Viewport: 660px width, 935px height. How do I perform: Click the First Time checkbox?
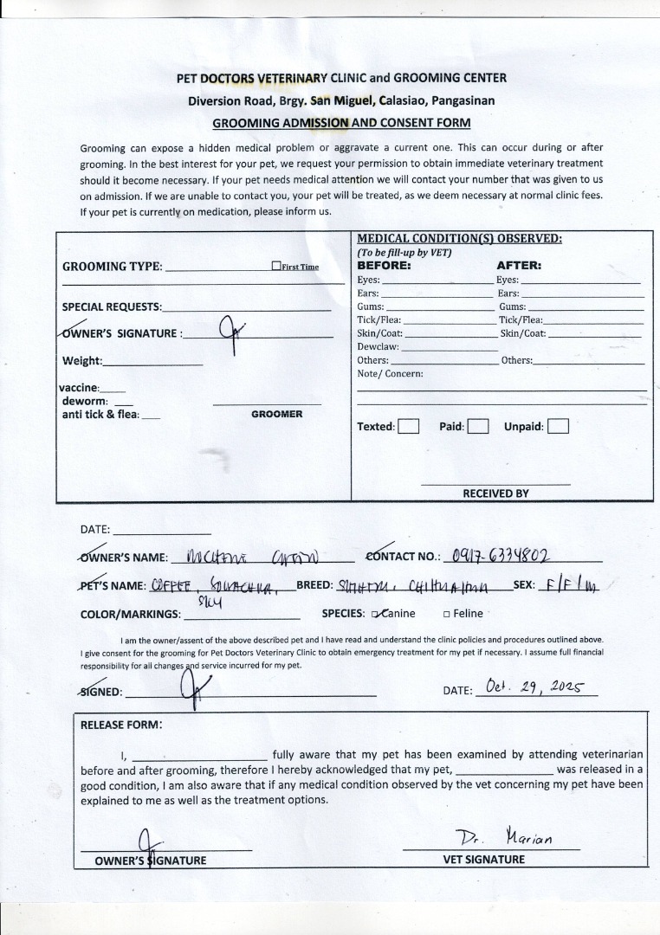275,267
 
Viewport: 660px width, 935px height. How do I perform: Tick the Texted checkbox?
409,426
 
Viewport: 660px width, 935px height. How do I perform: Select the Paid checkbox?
478,426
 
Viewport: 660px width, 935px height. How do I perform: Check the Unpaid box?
558,426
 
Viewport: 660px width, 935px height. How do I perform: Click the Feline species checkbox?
446,614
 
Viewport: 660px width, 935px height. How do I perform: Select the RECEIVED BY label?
495,493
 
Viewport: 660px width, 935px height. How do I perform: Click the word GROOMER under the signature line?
277,415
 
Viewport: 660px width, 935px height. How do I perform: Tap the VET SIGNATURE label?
483,860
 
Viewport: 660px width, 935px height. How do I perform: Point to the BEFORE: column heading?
384,266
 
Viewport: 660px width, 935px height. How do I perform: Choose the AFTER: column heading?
519,266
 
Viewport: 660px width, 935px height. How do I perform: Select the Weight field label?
82,361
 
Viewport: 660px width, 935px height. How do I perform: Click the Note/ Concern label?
390,374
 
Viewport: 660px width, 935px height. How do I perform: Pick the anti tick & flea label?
100,415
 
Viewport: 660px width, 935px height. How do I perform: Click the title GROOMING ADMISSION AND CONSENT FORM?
341,123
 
